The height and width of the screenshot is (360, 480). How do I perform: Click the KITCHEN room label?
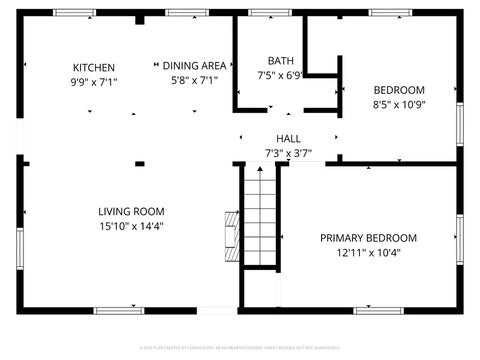pos(94,68)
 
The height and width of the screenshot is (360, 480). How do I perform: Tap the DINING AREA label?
pos(194,66)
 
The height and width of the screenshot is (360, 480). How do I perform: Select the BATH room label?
pos(281,61)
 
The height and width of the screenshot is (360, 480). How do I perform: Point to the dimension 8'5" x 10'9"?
pos(399,105)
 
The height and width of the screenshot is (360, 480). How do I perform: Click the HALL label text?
pos(288,139)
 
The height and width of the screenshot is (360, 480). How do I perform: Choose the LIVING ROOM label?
pos(131,212)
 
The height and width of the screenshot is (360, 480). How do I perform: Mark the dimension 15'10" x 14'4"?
pos(131,226)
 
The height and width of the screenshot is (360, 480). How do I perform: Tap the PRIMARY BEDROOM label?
pos(368,238)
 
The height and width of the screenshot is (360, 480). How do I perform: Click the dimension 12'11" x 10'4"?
pos(368,253)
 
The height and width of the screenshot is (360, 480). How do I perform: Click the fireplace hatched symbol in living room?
pos(231,235)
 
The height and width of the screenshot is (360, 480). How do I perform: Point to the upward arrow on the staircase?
pos(260,170)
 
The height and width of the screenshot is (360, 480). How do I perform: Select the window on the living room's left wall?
pos(20,248)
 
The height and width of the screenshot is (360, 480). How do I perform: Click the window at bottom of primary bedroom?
pos(379,310)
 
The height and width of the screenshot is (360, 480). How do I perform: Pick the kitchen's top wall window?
pos(75,12)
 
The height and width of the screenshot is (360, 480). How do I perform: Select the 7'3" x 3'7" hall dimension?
pos(288,154)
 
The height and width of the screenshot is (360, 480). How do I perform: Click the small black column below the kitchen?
pos(140,164)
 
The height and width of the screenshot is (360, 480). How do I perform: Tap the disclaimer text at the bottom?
pos(239,348)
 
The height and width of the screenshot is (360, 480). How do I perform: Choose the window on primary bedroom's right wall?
pos(460,238)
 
